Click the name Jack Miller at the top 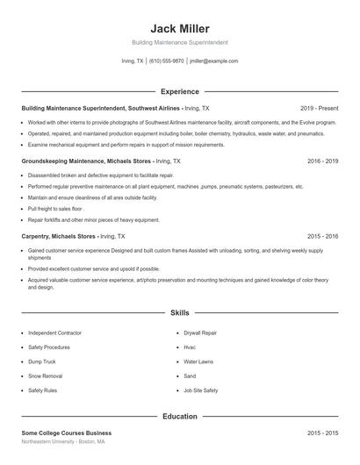tap(180, 28)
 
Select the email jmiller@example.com tap(214, 61)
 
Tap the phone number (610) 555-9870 tap(166, 61)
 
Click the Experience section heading tap(180, 91)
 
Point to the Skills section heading tap(180, 312)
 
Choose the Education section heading tap(180, 416)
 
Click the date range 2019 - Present tap(318, 108)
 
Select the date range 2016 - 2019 tap(322, 161)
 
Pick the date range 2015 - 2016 tap(322, 236)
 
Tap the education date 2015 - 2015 tap(322, 433)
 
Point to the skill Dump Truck tap(41, 361)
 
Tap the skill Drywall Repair tap(201, 333)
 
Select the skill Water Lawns tap(198, 361)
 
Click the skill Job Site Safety tap(200, 390)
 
